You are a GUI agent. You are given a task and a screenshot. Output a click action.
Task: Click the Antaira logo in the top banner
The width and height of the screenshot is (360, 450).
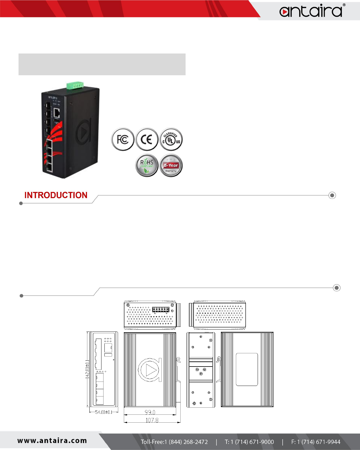[311, 11]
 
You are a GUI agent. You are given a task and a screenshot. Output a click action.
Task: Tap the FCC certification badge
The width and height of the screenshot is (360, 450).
[123, 139]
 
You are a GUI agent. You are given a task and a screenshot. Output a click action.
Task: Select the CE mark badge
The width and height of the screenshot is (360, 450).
[147, 139]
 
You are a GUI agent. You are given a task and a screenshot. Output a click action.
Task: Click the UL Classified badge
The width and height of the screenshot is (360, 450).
[171, 139]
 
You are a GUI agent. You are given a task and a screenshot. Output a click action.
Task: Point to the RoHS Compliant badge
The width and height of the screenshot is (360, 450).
[147, 165]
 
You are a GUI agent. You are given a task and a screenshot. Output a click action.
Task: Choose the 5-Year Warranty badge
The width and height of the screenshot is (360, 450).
[171, 165]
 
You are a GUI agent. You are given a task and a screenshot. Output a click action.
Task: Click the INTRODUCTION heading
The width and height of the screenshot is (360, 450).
[56, 195]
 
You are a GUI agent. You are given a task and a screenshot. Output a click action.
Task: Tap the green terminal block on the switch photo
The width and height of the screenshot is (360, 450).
[75, 85]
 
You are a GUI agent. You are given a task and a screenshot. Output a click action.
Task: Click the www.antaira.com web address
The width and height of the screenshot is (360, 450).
[52, 441]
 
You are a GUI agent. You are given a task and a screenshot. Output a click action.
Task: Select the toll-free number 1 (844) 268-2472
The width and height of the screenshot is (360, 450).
[174, 442]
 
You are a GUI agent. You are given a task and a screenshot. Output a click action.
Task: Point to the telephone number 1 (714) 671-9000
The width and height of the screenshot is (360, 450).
[249, 442]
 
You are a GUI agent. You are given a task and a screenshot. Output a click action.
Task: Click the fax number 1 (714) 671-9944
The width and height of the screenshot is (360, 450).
[316, 442]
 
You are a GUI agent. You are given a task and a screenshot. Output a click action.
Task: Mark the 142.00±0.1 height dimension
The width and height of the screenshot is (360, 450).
[87, 369]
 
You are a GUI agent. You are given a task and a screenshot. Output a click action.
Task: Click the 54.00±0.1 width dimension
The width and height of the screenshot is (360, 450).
[104, 412]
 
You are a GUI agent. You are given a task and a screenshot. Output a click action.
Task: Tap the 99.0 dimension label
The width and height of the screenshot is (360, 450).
[150, 412]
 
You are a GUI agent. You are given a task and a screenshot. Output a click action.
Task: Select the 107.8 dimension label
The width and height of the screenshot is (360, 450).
[152, 420]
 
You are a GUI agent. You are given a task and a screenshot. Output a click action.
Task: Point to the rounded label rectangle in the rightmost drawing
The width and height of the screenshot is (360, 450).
[247, 369]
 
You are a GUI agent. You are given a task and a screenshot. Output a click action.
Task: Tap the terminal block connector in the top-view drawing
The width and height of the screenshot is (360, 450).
[161, 310]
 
